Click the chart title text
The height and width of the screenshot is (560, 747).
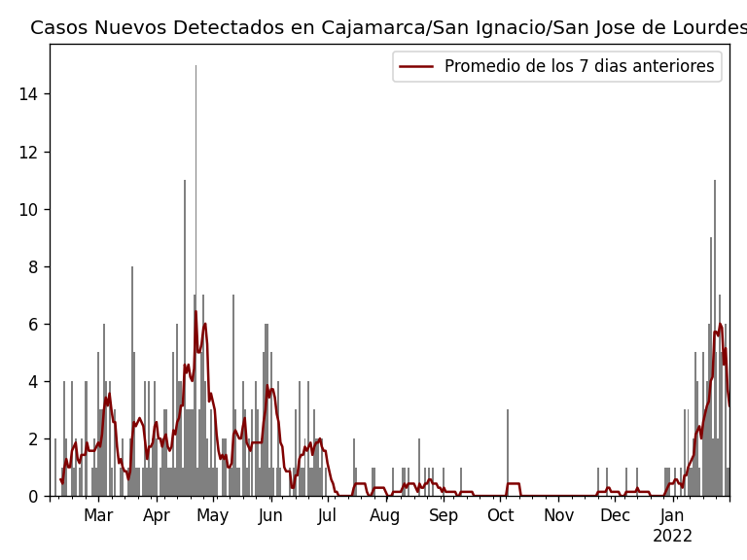tap(388, 28)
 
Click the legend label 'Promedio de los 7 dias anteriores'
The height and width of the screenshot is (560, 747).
tap(579, 66)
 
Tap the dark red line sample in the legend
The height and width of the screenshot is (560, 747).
tap(416, 66)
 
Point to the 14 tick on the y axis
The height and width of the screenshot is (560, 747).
tap(30, 94)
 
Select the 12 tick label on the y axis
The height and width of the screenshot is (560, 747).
tap(30, 152)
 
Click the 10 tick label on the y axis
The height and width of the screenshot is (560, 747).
tap(30, 209)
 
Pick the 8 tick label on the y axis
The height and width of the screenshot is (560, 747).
tap(34, 266)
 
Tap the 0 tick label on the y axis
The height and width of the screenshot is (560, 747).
tap(34, 496)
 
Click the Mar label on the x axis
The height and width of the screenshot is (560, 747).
tap(98, 515)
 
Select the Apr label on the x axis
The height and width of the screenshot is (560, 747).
tap(157, 515)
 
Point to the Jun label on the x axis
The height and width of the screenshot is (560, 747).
tap(270, 515)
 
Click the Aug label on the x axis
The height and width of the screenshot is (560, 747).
tap(385, 515)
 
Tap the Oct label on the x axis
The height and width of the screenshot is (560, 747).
tap(500, 515)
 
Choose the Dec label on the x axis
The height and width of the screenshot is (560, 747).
tap(615, 515)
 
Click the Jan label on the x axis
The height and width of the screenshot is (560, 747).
tap(672, 515)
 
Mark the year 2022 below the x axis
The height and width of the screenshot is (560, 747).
tap(672, 537)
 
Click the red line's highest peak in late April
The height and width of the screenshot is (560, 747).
tap(196, 312)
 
